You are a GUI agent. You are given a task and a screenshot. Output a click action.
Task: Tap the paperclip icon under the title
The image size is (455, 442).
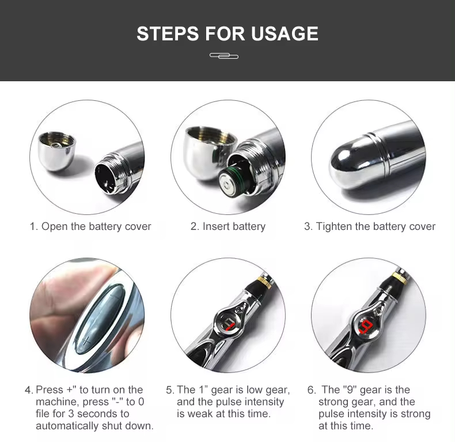(x=224, y=56)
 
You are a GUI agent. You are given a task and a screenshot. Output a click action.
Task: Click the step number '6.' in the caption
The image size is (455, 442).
(x=311, y=390)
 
